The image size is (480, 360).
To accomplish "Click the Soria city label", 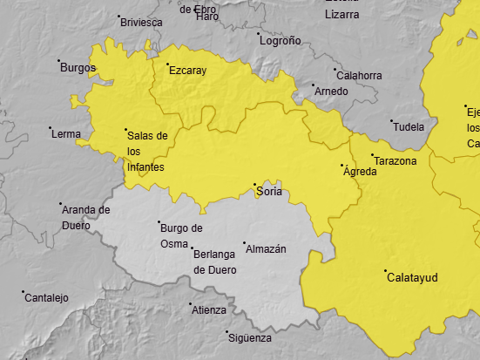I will tap(270, 192).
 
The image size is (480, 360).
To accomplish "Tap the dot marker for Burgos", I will tap(59, 61).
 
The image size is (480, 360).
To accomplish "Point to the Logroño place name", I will tap(281, 40).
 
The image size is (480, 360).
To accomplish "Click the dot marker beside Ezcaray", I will tap(167, 64).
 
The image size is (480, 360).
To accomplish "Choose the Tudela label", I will tap(409, 127).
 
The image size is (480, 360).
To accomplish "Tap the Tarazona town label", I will tap(395, 161).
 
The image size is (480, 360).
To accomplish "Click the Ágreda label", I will tap(361, 172).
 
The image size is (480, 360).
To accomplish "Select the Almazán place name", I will tap(267, 249).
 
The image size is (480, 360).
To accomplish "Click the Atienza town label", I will tap(209, 310).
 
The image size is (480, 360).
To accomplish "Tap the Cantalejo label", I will tap(47, 298).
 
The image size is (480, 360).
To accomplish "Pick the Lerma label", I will tap(67, 134).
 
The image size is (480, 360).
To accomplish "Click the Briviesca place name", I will tap(142, 22).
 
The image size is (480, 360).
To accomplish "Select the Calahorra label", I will tap(359, 76).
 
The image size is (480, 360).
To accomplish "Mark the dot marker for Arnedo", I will tap(314, 85).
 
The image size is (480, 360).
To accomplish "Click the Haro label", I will tap(208, 17).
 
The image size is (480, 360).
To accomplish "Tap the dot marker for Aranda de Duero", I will tap(60, 204).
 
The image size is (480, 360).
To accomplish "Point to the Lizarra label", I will tap(342, 15).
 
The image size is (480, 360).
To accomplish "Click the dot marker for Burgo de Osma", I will tap(159, 222).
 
